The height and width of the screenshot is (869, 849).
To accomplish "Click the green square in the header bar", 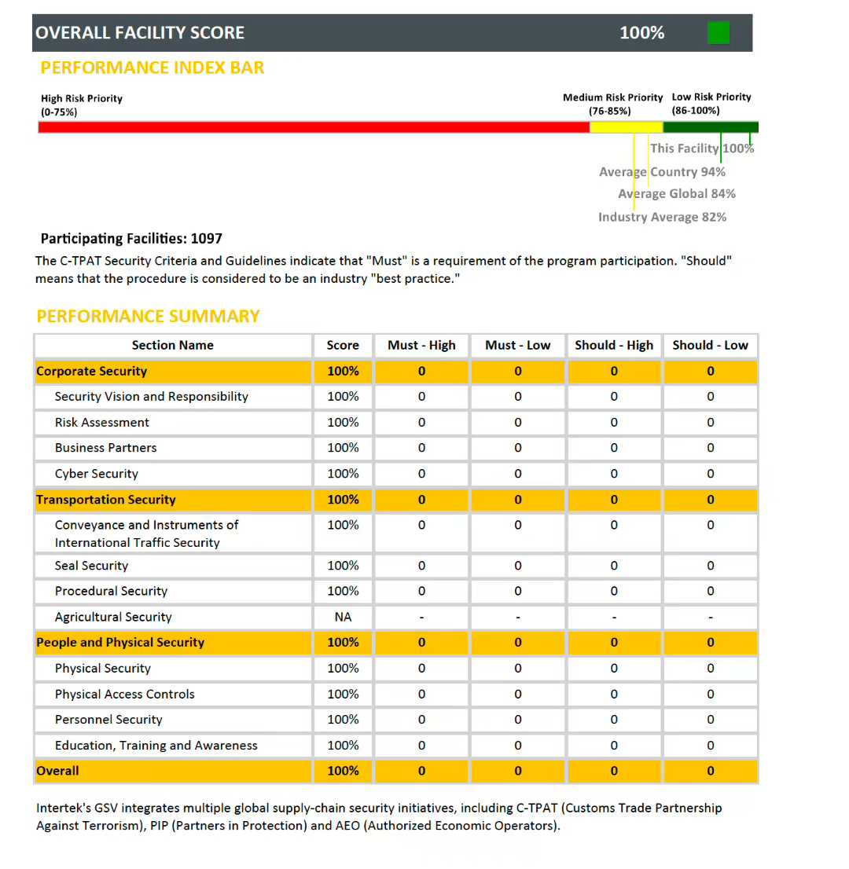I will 719,33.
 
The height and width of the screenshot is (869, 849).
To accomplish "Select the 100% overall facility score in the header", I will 641,33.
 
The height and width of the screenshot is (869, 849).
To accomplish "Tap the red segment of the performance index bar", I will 314,127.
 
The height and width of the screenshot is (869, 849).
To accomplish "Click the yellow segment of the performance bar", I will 627,127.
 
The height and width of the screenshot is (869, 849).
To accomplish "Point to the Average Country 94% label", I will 662,172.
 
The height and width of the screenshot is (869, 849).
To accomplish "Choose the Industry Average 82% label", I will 662,217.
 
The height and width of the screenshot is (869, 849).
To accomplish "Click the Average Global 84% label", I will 676,194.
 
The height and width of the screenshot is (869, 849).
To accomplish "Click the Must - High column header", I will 421,346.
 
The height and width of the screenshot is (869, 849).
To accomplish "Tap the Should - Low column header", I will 710,346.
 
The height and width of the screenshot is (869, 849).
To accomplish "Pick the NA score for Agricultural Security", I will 343,618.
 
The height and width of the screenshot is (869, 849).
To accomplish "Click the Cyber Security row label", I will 96,474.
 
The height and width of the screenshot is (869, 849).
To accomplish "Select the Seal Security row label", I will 91,566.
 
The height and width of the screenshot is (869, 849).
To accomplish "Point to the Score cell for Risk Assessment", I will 343,423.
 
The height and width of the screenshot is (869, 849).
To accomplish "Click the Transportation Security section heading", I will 106,500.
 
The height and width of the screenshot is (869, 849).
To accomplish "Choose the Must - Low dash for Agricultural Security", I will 517,618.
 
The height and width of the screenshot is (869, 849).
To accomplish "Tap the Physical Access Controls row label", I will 124,695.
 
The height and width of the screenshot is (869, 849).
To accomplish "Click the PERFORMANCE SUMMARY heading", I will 148,317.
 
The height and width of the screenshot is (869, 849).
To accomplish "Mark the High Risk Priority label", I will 82,99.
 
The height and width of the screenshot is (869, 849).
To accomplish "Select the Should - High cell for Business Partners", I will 614,448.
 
